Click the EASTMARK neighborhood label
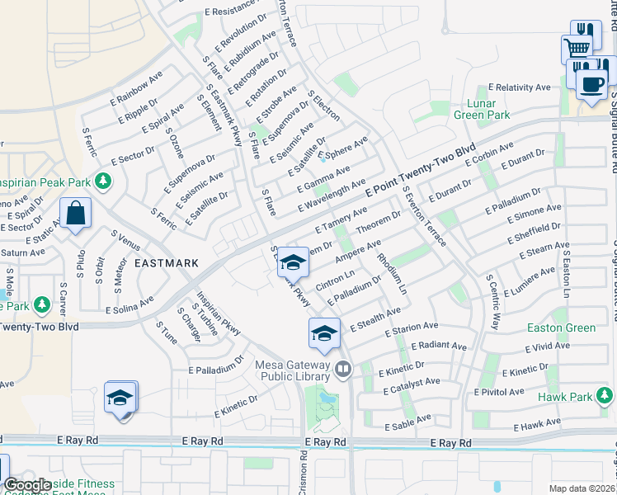pos(167,263)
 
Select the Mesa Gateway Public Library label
pos(295,370)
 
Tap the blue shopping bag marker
pos(75,214)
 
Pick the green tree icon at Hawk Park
pos(605,397)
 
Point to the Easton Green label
pos(561,328)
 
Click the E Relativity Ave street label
pos(519,87)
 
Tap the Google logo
pos(26,485)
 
